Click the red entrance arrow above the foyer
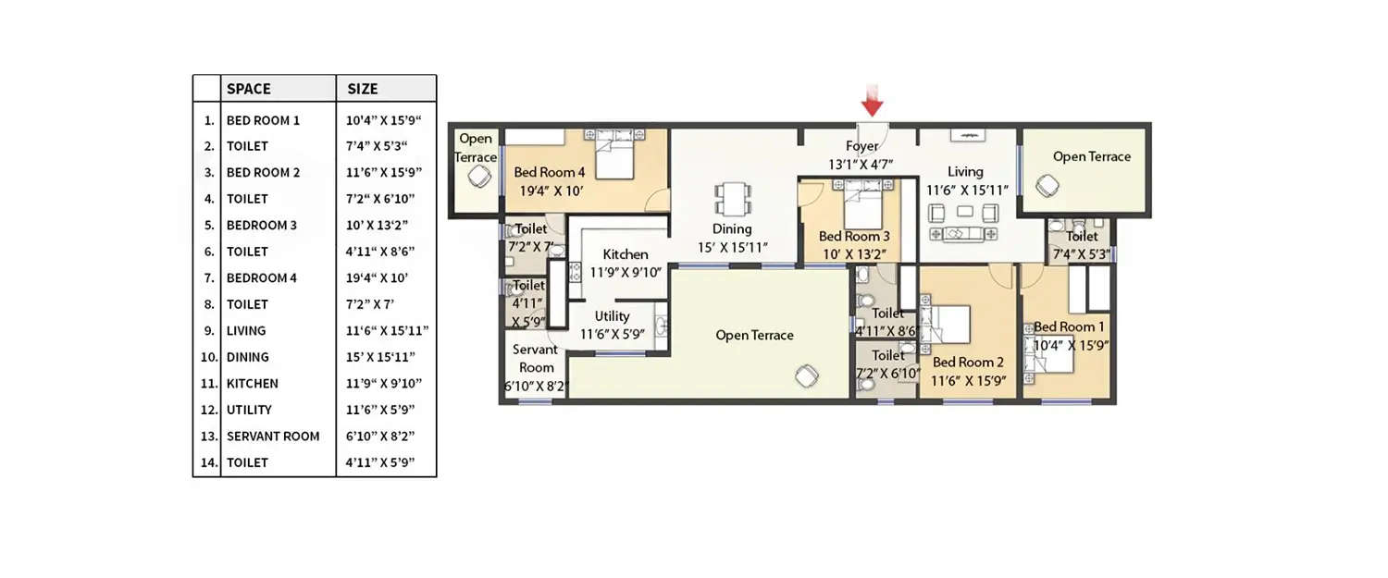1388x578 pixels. [873, 99]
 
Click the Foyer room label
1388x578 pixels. [861, 146]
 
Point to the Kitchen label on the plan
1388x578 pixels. [626, 254]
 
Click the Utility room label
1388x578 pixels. [612, 316]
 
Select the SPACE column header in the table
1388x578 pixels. [249, 89]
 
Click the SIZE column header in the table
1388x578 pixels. [363, 89]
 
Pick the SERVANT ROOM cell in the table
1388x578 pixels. [273, 436]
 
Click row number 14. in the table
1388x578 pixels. [207, 462]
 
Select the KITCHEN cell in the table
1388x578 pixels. [252, 383]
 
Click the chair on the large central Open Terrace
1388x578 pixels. [806, 375]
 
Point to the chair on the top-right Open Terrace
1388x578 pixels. [1047, 186]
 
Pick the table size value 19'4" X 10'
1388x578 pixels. [377, 277]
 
